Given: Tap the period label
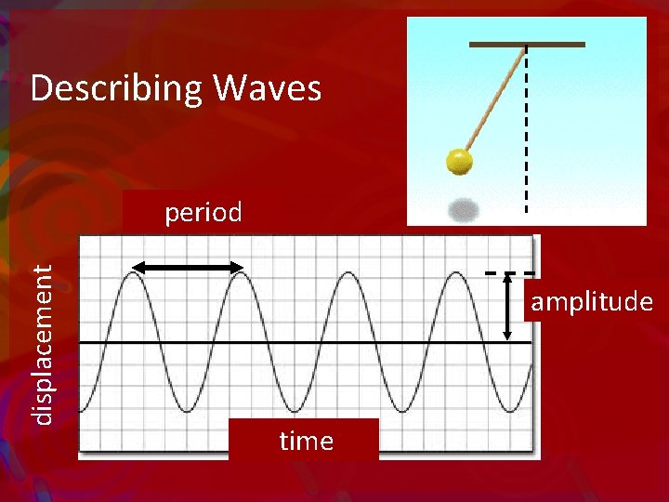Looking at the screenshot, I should coord(203,213).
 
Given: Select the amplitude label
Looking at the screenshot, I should coord(592,302).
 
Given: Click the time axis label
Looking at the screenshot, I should coord(306,441).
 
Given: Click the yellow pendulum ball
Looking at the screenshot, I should coord(459,161).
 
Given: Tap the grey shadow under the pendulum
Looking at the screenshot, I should coord(463,210).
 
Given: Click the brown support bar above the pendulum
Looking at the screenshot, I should coord(527,44).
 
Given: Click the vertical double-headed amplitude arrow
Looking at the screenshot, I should coord(507,306).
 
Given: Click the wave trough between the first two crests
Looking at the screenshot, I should coord(188,410).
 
